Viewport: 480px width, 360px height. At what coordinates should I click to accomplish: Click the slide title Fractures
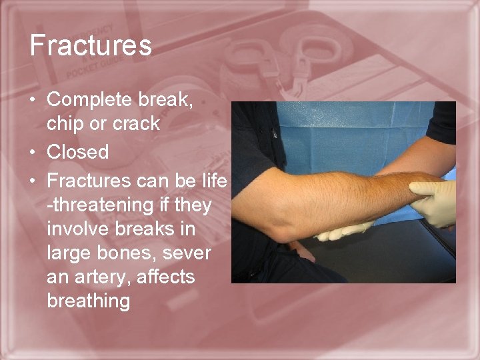(91, 46)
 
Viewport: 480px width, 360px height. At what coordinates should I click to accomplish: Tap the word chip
(65, 124)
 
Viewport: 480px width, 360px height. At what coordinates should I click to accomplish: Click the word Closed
(77, 153)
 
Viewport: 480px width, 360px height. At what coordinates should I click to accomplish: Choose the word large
(68, 254)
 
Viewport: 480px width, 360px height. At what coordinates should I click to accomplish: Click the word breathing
(88, 301)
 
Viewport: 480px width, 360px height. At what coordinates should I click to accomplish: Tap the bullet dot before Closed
(34, 153)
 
